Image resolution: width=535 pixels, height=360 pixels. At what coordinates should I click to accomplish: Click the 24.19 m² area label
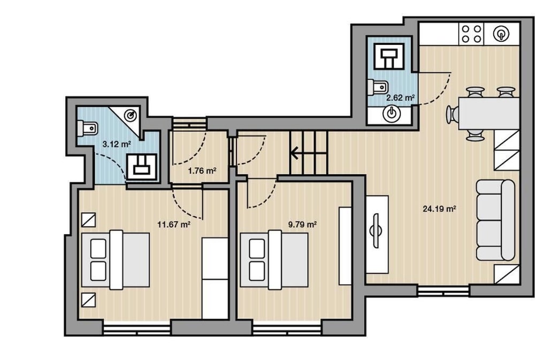pos(439,209)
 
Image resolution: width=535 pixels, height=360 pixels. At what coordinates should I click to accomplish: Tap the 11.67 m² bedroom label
pos(174,224)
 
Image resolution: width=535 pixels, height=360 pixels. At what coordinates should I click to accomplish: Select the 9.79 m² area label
pos(302,224)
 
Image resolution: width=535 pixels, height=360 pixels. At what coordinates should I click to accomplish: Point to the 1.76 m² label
pos(202,170)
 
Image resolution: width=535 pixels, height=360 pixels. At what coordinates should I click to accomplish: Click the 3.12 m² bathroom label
pos(117,144)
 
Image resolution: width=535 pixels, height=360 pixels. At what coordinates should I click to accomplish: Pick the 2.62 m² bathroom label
pos(400,97)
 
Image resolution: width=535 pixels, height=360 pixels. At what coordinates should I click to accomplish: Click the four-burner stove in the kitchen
pos(471,34)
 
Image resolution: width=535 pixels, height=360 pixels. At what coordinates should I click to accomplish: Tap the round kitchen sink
pos(501,34)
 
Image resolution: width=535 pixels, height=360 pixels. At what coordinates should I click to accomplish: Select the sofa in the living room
pos(495,220)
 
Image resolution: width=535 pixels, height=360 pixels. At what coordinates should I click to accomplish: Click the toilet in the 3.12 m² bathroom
pos(88,128)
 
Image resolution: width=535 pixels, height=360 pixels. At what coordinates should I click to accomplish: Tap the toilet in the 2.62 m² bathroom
pos(376,87)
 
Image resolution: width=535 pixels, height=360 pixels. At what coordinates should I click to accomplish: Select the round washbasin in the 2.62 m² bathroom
pos(392,113)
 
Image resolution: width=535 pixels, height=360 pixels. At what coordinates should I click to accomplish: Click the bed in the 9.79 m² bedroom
pos(274,260)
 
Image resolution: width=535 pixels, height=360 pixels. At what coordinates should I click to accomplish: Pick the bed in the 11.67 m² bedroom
pos(116,260)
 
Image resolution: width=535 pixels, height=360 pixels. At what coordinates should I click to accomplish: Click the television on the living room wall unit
pos(376,231)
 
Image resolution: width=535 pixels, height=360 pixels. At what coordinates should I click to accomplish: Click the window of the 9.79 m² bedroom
pos(287,330)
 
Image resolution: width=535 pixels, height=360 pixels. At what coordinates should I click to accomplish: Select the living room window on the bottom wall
pos(443,291)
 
